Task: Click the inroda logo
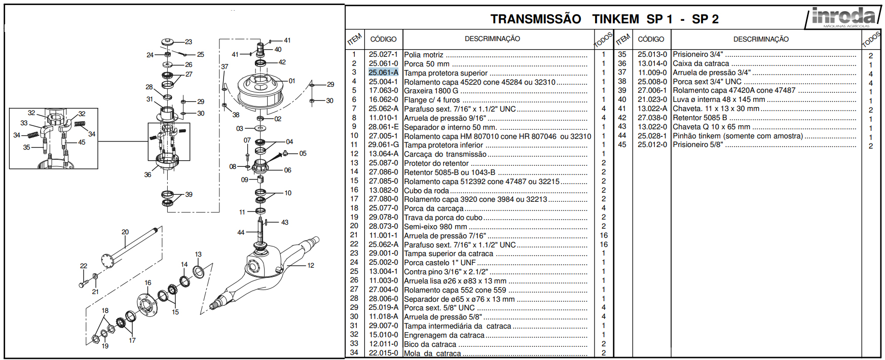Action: [843, 17]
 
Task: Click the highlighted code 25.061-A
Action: [383, 73]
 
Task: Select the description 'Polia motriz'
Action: [424, 55]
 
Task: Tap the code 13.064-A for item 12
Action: [383, 154]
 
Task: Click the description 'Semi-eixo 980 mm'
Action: [435, 227]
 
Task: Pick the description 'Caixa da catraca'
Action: [701, 63]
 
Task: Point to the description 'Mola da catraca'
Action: [432, 353]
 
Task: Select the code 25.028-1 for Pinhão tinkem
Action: [652, 136]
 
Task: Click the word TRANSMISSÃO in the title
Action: [536, 19]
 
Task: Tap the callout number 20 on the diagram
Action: [125, 232]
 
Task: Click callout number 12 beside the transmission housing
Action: [311, 265]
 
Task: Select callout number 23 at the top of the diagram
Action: [189, 42]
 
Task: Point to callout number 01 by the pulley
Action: [292, 81]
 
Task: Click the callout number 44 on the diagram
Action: [241, 232]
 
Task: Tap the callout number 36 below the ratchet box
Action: [147, 174]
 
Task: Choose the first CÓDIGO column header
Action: [383, 39]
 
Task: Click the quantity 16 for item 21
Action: [604, 235]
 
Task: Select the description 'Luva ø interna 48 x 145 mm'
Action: [719, 99]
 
